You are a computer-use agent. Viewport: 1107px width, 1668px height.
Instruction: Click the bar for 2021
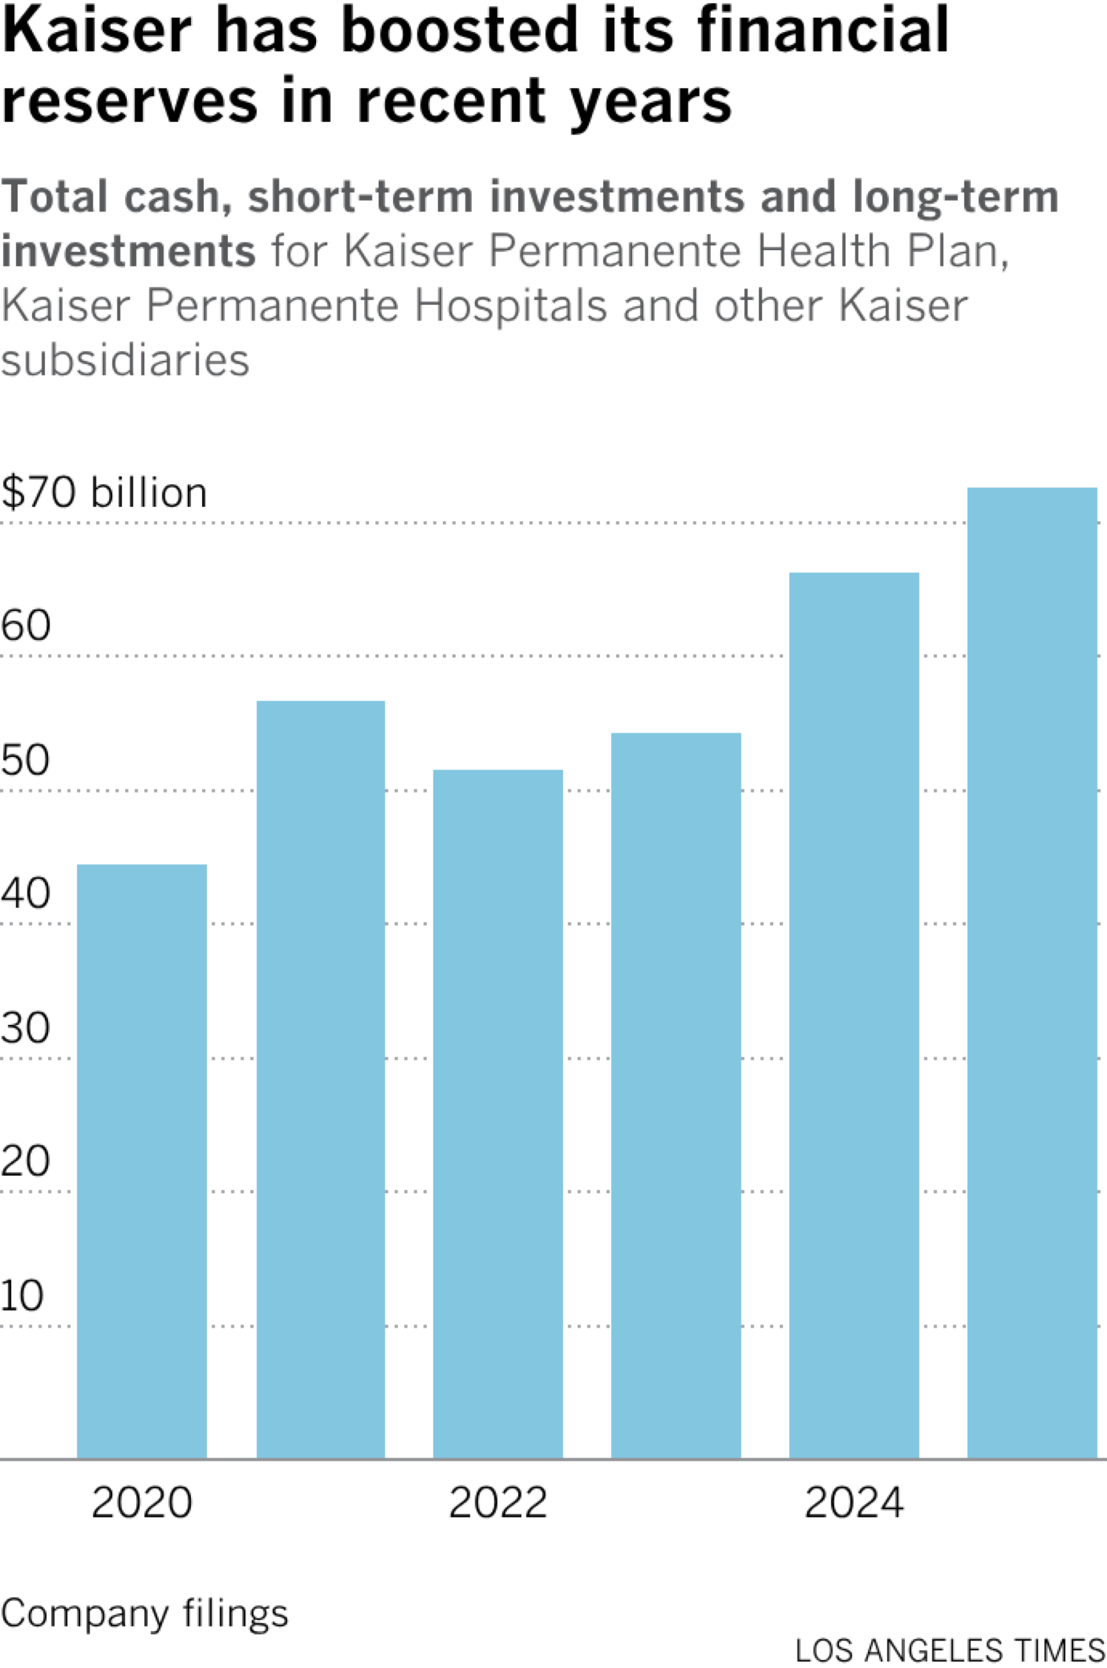321,1080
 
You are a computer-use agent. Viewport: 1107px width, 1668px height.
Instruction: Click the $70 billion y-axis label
104,493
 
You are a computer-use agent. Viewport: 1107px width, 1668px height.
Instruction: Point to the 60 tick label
25,625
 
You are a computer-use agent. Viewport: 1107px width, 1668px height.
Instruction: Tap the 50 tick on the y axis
25,760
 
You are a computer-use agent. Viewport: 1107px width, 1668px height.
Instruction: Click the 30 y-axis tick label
25,1028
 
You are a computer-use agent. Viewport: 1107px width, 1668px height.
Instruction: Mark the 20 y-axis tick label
25,1161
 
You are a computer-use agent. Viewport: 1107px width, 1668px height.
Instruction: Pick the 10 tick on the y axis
23,1295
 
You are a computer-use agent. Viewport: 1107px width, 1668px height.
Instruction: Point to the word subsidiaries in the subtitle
125,361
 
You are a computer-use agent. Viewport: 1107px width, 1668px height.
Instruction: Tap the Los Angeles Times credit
949,1651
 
